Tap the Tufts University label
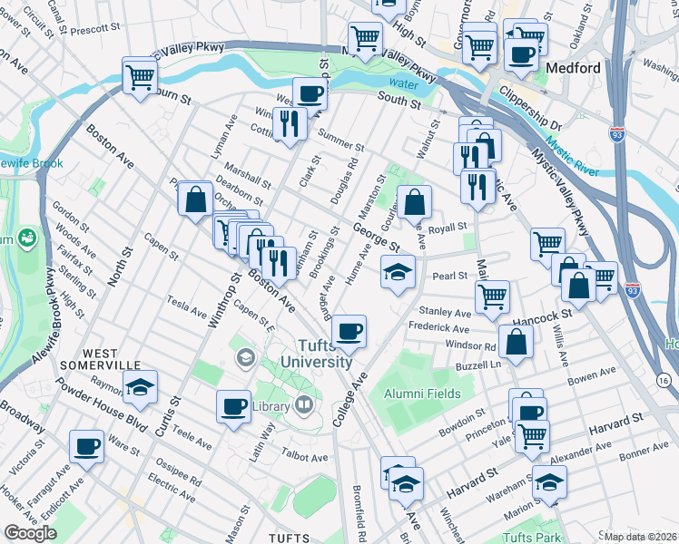[324, 353]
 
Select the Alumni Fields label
[421, 394]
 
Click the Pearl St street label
[449, 275]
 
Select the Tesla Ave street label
[187, 305]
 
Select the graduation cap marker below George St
[397, 271]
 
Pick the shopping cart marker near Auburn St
[140, 75]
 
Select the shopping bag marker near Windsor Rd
[515, 343]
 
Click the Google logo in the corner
[30, 533]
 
